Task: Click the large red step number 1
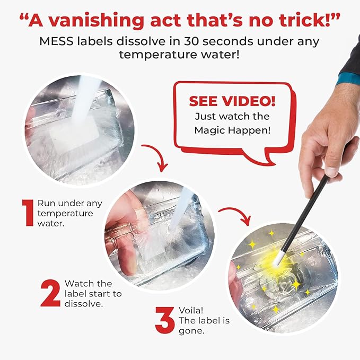pos(28,213)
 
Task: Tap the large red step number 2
pos(50,293)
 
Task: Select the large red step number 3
pos(164,320)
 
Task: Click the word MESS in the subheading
pos(57,41)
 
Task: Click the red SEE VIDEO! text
pos(232,101)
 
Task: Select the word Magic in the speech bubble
pos(210,130)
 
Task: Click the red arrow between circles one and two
pos(157,156)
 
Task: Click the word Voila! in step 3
pos(191,310)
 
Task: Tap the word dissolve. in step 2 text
pos(84,304)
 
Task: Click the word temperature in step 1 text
pos(65,214)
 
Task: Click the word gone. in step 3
pos(191,331)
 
